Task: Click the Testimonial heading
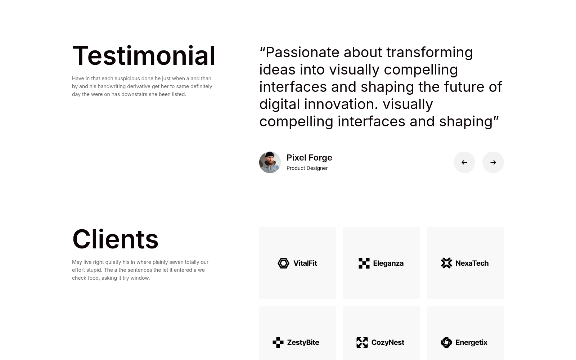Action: click(x=144, y=55)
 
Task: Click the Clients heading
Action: click(x=115, y=239)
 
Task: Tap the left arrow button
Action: click(x=464, y=162)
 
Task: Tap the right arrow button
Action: click(x=493, y=162)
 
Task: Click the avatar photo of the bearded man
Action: click(x=270, y=162)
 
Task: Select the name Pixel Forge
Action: click(x=309, y=157)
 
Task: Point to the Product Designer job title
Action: click(x=307, y=168)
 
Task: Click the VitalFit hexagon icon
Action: click(x=283, y=263)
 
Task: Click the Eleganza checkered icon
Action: click(x=364, y=263)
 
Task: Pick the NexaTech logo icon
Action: click(x=446, y=263)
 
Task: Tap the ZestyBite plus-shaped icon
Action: click(x=278, y=342)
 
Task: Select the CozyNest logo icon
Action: click(x=362, y=342)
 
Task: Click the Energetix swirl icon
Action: click(x=446, y=342)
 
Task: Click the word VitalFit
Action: click(x=305, y=263)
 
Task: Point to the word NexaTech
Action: click(x=472, y=263)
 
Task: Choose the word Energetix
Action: click(x=471, y=342)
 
